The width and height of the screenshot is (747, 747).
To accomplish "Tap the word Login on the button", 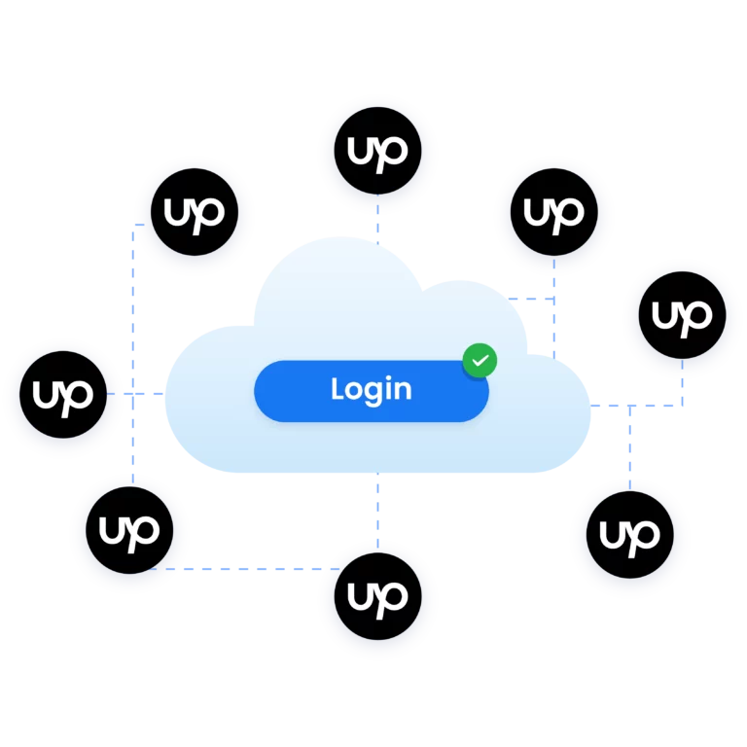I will pos(371,389).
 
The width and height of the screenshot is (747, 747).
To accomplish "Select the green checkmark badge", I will pos(479,361).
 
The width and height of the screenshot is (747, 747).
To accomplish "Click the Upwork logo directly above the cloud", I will pos(377,152).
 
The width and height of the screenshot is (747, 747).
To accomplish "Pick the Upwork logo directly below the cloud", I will pos(377,597).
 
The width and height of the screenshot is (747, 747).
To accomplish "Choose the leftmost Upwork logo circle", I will pos(62,395).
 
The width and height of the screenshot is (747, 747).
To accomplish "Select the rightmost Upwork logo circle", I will pos(682,316).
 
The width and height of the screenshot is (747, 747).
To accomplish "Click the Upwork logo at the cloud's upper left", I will pos(194,212).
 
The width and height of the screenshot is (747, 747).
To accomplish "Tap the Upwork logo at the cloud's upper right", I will pos(553,212).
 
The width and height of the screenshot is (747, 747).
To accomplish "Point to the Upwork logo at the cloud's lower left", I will pos(129,531).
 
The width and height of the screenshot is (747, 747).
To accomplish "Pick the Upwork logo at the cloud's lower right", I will pos(629,535).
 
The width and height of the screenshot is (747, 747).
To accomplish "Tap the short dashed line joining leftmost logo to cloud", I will pos(143,394).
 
